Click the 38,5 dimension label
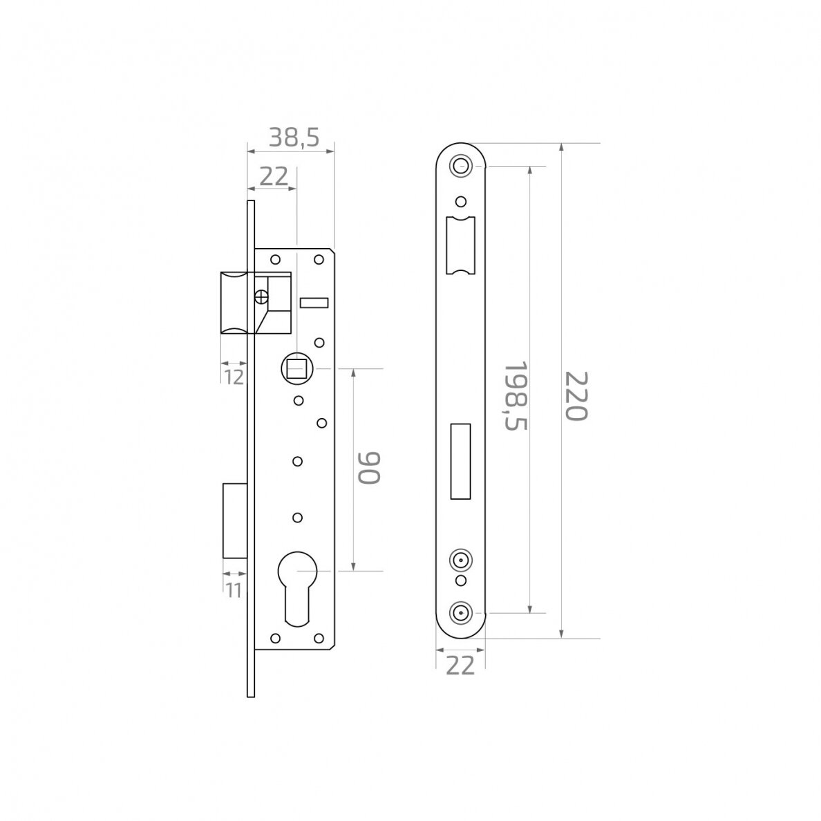click(x=294, y=138)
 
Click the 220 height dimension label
click(x=576, y=396)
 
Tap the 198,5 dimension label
click(x=516, y=396)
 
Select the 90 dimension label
click(x=368, y=468)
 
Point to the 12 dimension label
click(x=234, y=377)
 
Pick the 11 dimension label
click(x=234, y=591)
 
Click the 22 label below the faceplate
click(x=460, y=666)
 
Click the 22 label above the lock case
click(x=274, y=177)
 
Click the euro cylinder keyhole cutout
click(x=297, y=587)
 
